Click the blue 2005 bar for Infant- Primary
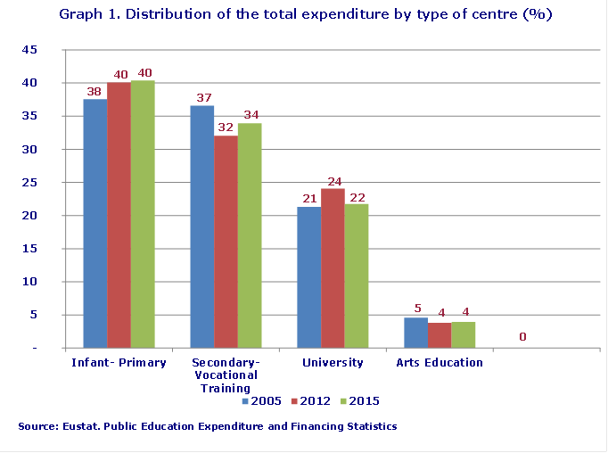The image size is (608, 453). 94,223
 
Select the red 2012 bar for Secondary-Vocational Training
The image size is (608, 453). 226,241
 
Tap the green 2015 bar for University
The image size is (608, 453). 357,276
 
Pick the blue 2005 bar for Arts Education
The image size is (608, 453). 415,333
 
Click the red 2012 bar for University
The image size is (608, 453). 333,268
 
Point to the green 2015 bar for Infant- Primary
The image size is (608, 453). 143,214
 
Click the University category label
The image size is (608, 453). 333,363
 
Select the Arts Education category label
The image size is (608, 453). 440,363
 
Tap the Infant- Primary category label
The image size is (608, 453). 119,363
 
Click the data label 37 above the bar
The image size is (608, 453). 202,97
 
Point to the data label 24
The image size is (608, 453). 333,180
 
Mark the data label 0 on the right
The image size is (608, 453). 522,337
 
